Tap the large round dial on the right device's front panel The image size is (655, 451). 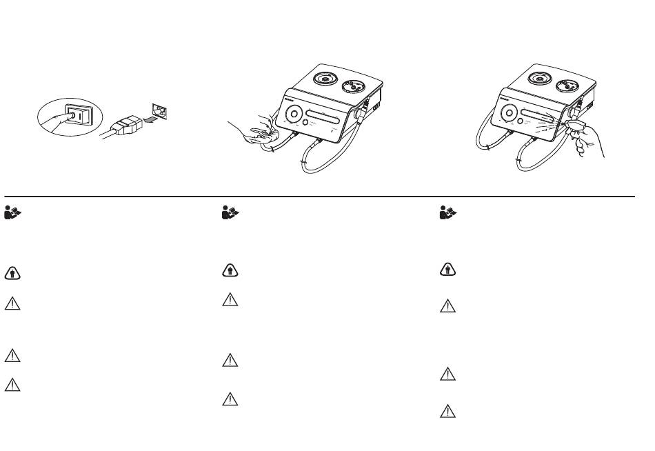(510, 114)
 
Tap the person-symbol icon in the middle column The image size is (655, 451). (230, 270)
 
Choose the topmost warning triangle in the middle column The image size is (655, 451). (230, 301)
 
